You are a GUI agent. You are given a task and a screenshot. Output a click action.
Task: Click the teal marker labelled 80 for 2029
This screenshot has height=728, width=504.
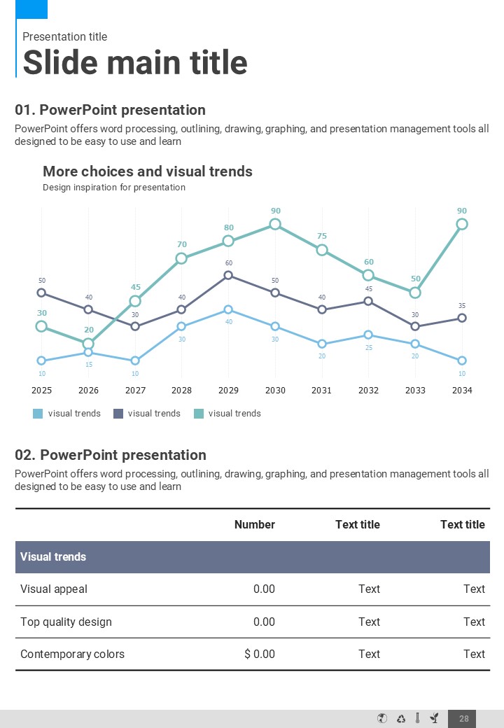point(228,241)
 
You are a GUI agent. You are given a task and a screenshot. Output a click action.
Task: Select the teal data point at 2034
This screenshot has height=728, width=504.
point(462,224)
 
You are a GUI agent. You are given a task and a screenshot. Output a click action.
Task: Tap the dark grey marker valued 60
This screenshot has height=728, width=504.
point(228,275)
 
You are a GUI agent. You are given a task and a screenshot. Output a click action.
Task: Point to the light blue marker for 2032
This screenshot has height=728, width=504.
point(368,335)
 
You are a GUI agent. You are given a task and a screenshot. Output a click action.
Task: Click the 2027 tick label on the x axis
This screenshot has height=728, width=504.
point(135,390)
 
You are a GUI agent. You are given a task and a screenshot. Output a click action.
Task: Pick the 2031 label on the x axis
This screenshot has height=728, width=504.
point(321,390)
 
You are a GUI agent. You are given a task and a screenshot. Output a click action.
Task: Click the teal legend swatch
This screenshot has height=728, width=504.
point(198,414)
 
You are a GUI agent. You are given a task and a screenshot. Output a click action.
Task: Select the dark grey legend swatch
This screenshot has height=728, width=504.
point(118,414)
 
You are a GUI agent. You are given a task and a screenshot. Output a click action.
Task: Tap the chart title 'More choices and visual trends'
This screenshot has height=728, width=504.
point(148,171)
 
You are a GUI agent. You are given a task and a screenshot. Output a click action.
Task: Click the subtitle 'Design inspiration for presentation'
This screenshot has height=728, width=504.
point(114,188)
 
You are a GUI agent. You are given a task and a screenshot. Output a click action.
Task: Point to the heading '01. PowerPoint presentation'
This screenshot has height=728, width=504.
point(111,110)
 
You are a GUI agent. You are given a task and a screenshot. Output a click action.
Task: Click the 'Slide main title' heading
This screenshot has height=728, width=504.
point(135,62)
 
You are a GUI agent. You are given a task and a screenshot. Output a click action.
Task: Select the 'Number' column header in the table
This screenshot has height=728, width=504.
point(255,524)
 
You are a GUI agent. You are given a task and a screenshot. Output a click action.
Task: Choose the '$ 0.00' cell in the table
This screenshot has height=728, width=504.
point(260,654)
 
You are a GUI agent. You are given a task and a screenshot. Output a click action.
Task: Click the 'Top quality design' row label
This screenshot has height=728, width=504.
point(66,622)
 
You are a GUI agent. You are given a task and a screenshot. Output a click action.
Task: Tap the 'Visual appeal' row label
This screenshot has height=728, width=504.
point(54,589)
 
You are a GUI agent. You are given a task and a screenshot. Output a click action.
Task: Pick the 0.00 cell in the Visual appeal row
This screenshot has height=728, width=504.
point(264,589)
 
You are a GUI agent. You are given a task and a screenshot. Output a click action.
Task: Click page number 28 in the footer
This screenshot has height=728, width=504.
point(464,718)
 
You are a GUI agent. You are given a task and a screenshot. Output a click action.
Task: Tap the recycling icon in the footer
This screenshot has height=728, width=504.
point(401,718)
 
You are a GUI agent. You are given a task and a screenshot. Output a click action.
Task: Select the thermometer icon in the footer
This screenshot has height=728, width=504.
point(417,718)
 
